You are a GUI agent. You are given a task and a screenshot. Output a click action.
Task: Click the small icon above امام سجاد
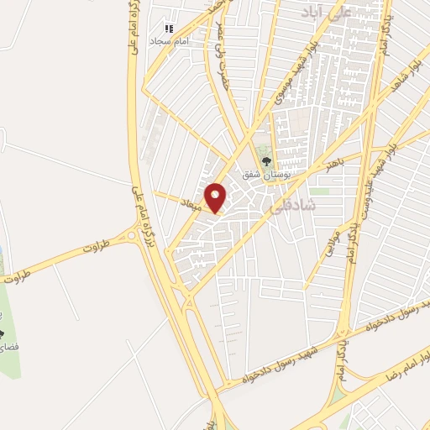coord(169,29)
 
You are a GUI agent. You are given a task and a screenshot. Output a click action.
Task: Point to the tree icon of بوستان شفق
coord(266,162)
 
